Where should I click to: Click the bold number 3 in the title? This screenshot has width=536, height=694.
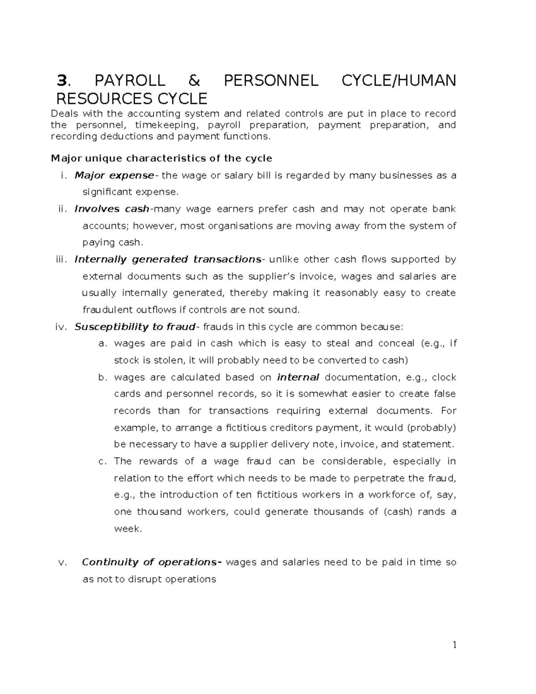click(62, 81)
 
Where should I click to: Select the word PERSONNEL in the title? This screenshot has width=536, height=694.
click(271, 81)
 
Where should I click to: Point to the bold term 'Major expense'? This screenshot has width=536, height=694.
click(114, 176)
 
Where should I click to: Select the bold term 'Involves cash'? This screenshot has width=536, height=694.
click(112, 209)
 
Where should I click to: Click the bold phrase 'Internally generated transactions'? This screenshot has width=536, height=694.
click(167, 260)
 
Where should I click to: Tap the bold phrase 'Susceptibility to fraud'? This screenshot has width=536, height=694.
click(135, 327)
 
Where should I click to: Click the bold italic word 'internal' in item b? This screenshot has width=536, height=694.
click(298, 378)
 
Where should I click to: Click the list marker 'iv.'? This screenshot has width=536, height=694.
click(60, 327)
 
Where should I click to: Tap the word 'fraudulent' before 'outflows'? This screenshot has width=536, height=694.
click(108, 310)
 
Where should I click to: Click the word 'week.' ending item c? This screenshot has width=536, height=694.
click(128, 529)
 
